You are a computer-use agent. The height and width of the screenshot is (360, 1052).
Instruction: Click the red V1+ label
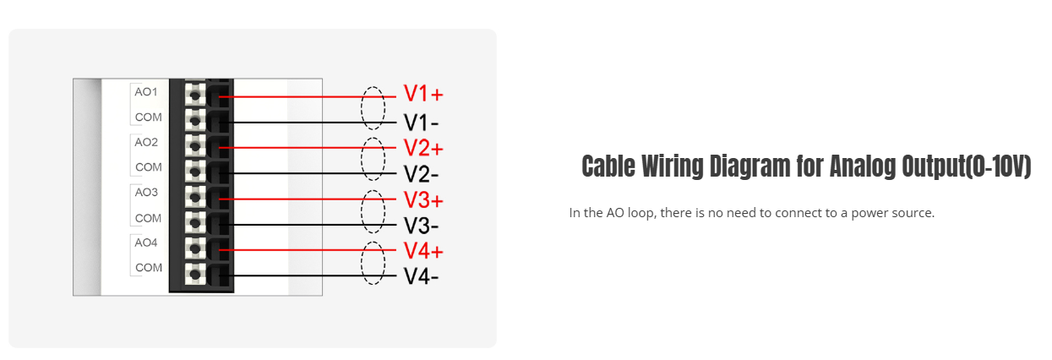[x=423, y=94]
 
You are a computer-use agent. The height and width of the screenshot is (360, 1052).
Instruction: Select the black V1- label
[x=421, y=123]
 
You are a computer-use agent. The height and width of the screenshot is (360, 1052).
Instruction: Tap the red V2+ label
[x=423, y=149]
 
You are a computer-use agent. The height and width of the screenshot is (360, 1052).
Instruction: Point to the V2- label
[x=421, y=175]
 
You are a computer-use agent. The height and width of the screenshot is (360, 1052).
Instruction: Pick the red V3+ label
[x=423, y=201]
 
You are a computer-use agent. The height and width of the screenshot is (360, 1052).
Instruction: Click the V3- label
[x=421, y=226]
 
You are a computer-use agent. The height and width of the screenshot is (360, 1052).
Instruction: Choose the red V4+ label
[x=423, y=251]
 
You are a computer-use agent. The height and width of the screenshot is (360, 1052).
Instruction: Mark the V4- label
[x=421, y=276]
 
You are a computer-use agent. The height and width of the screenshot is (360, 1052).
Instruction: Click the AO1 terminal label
[x=146, y=91]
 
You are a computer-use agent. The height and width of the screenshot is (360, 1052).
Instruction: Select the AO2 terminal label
[x=146, y=142]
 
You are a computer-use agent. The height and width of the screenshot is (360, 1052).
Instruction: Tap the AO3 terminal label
[x=146, y=192]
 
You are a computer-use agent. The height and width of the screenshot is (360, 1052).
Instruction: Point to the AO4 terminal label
[x=146, y=243]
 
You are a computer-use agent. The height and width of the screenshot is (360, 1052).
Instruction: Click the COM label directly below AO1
[x=148, y=117]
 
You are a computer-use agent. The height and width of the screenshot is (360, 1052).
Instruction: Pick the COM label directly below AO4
[x=148, y=268]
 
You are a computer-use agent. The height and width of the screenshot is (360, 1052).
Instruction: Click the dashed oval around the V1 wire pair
[x=373, y=107]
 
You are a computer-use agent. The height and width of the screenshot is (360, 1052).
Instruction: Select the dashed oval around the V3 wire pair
[x=373, y=212]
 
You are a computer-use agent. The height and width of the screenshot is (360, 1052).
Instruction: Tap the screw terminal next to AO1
[x=196, y=95]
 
